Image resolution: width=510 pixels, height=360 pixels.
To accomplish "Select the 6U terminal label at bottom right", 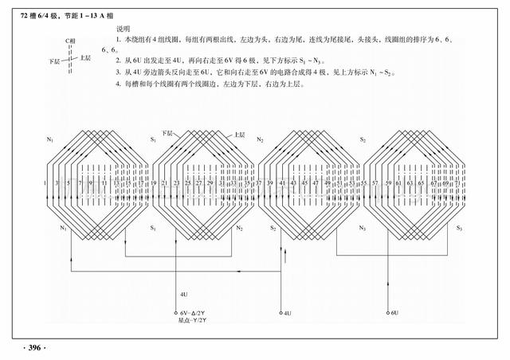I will point(394,313).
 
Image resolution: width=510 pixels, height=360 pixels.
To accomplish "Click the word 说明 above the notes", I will point(123,28).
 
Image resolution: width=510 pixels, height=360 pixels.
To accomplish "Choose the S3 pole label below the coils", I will point(459,229).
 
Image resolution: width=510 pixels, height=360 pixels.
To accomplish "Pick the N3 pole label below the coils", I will point(363,229).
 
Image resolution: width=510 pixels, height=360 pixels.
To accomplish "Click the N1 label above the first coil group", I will point(50,139).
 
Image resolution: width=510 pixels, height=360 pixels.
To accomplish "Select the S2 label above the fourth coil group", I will point(363,139).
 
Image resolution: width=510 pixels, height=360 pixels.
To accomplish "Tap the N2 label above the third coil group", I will point(260,139).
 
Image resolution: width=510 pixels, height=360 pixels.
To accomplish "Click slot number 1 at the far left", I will point(46,183).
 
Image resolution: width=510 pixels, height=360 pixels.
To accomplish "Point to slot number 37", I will point(260,183).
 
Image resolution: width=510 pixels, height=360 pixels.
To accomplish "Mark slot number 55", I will point(364,183).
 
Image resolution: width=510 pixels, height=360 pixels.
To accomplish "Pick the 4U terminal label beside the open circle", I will point(288,313).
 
